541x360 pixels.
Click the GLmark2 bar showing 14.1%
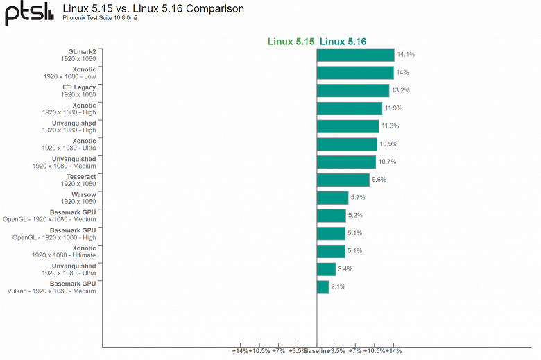(x=355, y=55)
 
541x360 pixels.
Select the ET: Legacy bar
(x=352, y=90)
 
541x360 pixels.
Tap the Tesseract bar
(x=343, y=180)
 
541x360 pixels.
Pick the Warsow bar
(x=332, y=198)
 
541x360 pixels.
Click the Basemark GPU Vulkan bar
(x=323, y=286)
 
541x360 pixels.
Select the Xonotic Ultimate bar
(x=331, y=251)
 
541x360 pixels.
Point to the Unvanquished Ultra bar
(x=326, y=269)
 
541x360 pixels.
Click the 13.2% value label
(x=401, y=90)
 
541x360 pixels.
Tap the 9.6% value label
(x=379, y=180)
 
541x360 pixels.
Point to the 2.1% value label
(x=338, y=286)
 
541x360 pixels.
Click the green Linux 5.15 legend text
(x=291, y=42)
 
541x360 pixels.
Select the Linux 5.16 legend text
(x=343, y=42)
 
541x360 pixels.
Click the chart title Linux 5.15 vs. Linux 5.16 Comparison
(x=153, y=9)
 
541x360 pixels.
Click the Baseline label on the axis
(x=317, y=351)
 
